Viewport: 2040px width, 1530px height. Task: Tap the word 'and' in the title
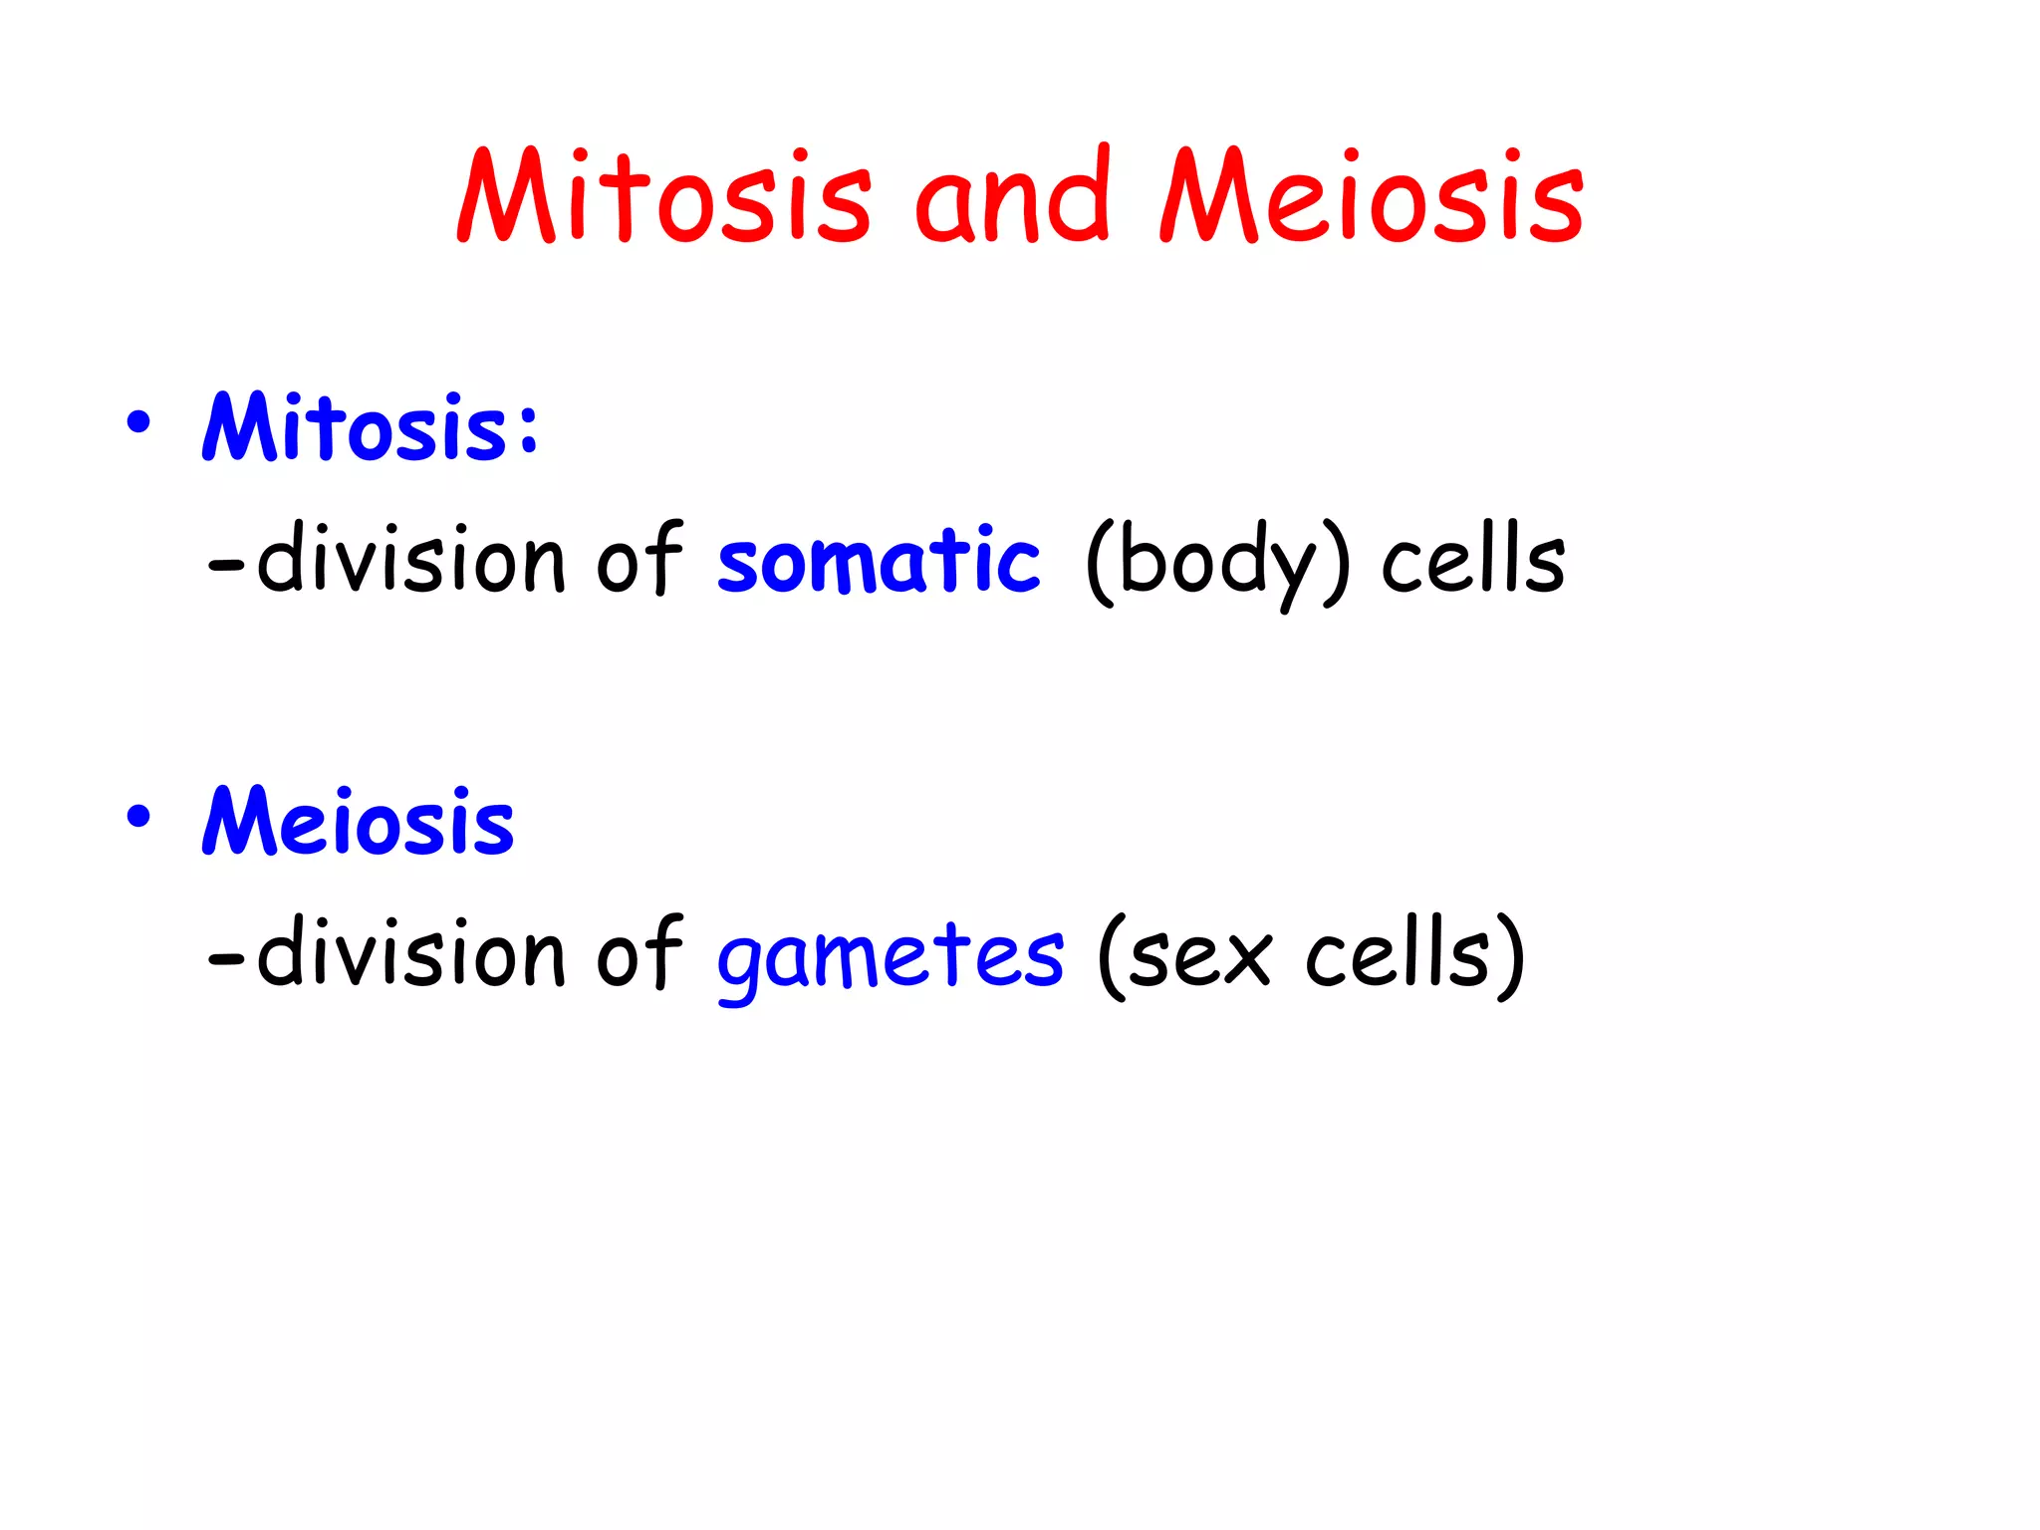(x=1012, y=196)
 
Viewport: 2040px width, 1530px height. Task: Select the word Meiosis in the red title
(x=1371, y=196)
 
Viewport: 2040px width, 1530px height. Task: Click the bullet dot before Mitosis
(x=138, y=422)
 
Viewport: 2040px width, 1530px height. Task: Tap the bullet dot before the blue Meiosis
(x=138, y=817)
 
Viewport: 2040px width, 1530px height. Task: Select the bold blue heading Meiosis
(x=359, y=823)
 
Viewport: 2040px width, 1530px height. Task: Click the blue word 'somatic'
(x=879, y=561)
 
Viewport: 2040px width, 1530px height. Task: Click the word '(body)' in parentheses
(x=1217, y=563)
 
